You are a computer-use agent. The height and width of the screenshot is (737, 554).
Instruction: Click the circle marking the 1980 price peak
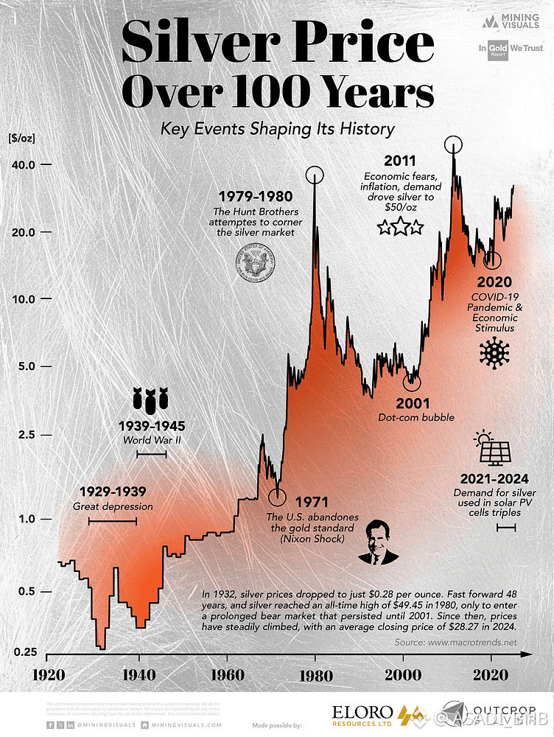[315, 175]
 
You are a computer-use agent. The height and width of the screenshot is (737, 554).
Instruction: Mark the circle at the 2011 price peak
[453, 144]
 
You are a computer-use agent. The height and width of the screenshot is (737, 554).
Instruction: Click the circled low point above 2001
[412, 382]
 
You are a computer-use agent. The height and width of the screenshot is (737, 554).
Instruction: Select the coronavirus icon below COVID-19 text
[494, 354]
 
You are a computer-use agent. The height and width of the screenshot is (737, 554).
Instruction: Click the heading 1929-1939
[113, 492]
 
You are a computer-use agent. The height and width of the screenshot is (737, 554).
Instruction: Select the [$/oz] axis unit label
[22, 138]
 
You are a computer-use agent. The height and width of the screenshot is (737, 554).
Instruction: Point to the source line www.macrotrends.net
[455, 642]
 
